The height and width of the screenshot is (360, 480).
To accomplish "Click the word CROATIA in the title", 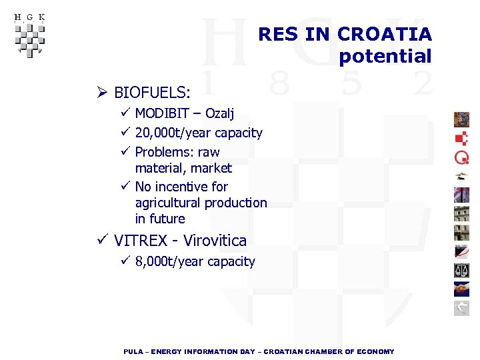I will coord(385,34).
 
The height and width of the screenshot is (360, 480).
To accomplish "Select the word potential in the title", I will coord(385,56).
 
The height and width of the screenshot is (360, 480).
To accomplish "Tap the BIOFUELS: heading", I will coord(152,91).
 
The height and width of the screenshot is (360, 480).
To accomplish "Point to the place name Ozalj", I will coord(219,114).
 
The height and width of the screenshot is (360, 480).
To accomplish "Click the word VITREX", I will coord(141,241).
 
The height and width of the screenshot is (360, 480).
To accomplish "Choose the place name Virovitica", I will coord(215,241).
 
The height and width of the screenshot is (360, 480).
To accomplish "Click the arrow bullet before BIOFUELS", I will coord(103,91).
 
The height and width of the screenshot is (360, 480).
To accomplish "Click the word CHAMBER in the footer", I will coord(327,351).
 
